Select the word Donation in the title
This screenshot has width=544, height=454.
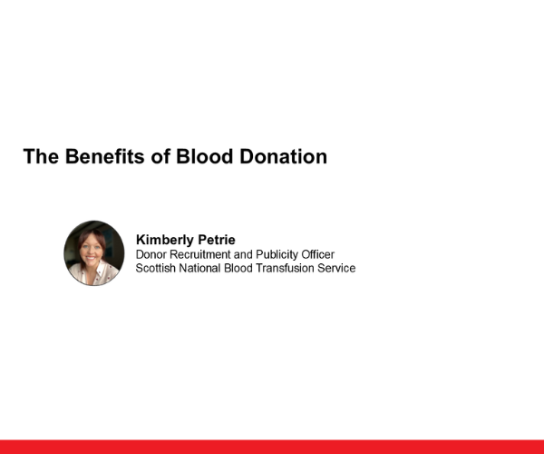(284, 156)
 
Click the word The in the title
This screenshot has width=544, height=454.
(41, 156)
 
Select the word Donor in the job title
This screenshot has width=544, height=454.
(151, 255)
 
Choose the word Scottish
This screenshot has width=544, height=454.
(156, 269)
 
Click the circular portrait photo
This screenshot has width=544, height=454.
(94, 253)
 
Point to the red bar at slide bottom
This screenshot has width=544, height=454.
(272, 447)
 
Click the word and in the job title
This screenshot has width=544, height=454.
(246, 255)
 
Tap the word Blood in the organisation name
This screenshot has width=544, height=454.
(240, 269)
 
